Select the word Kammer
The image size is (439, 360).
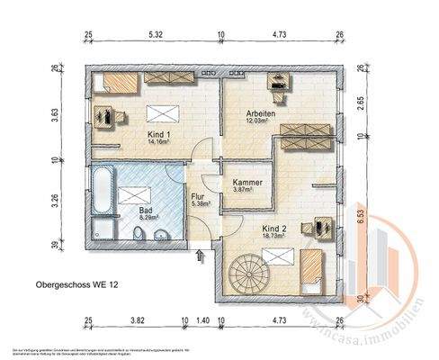point(248,183)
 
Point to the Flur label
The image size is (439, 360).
point(200,195)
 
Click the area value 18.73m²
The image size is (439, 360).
point(277,238)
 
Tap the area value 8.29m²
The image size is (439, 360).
point(148,217)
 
